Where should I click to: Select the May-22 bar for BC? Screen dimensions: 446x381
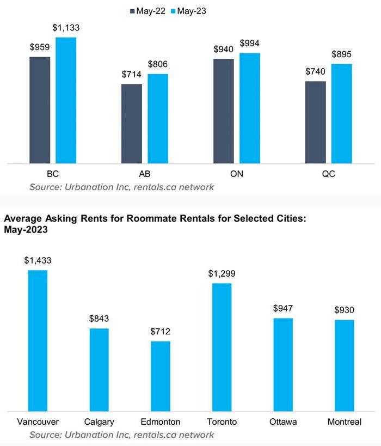click(x=40, y=109)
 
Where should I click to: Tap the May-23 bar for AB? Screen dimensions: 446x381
click(x=158, y=118)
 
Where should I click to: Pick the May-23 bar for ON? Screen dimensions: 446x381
click(x=250, y=108)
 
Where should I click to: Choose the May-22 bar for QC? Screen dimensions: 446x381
click(x=316, y=122)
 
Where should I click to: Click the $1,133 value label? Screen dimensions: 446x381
click(x=66, y=27)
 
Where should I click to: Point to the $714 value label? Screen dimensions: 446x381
click(x=132, y=74)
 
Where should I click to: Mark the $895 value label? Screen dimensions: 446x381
click(x=342, y=54)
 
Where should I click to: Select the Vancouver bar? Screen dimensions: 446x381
click(x=38, y=340)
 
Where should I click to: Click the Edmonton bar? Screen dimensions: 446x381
click(x=161, y=376)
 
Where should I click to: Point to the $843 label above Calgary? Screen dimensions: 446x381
click(x=99, y=319)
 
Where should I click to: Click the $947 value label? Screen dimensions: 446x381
click(x=283, y=308)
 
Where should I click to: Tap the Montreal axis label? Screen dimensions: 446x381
click(x=344, y=422)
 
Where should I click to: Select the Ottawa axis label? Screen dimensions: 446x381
click(x=283, y=422)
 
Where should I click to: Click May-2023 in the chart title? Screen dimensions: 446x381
click(x=26, y=230)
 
